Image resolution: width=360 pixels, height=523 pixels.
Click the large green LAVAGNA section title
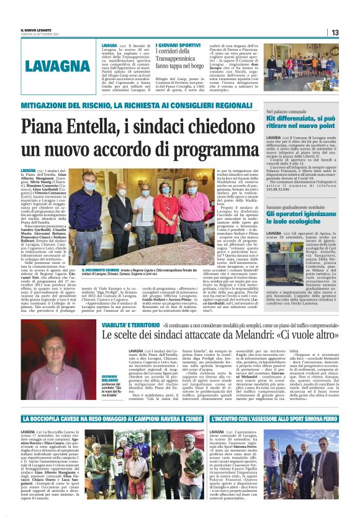(56, 66)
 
